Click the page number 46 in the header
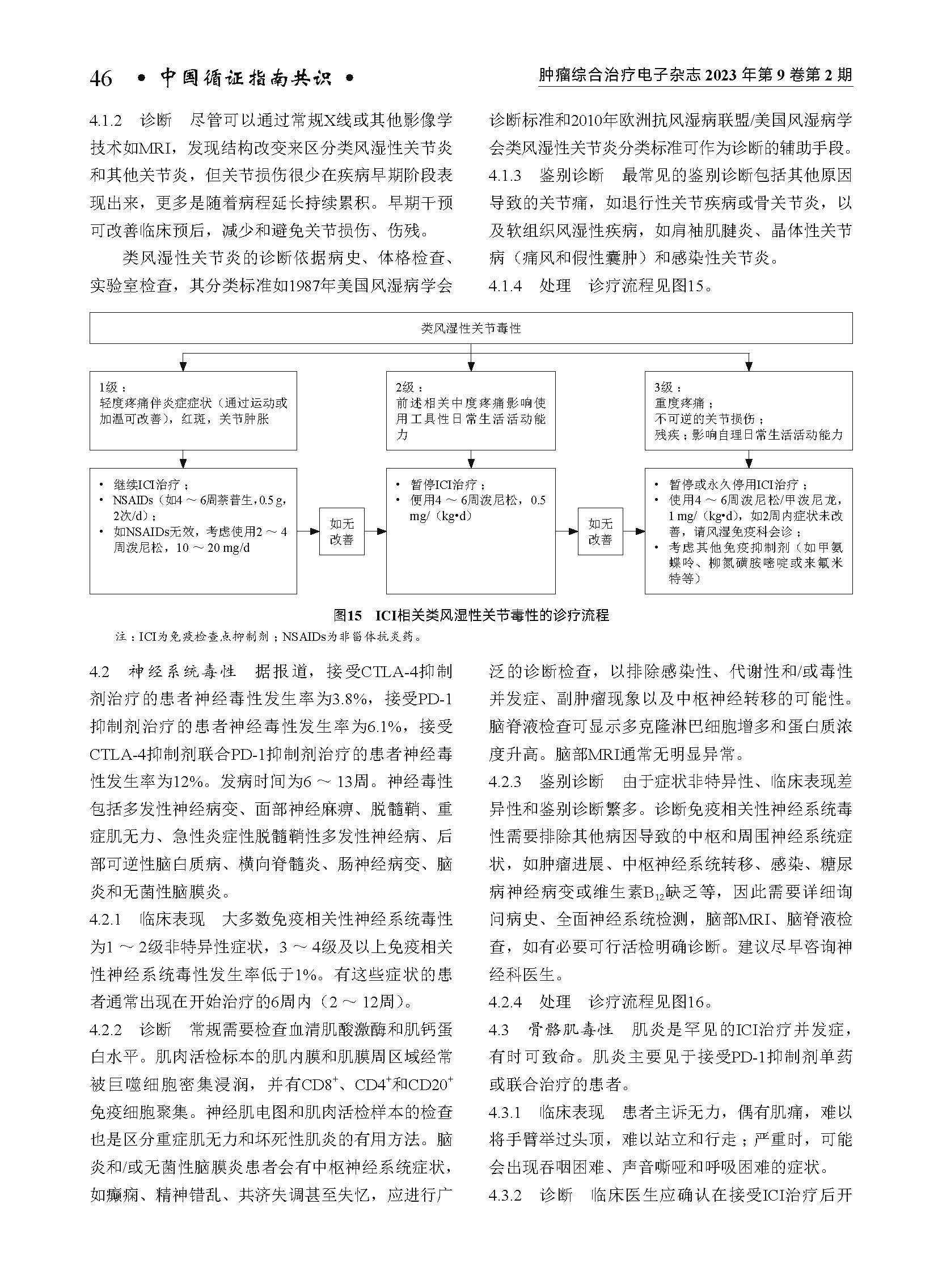(x=100, y=79)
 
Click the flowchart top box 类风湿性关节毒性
(x=471, y=328)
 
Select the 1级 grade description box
(x=193, y=410)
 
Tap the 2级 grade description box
(x=471, y=410)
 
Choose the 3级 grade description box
(x=749, y=410)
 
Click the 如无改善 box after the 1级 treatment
(x=341, y=531)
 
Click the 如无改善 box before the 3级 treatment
(x=600, y=531)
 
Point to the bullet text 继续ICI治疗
(x=150, y=484)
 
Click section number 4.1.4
(x=505, y=286)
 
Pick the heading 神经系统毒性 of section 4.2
(x=181, y=672)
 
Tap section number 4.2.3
(x=505, y=782)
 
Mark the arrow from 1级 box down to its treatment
(x=182, y=459)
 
